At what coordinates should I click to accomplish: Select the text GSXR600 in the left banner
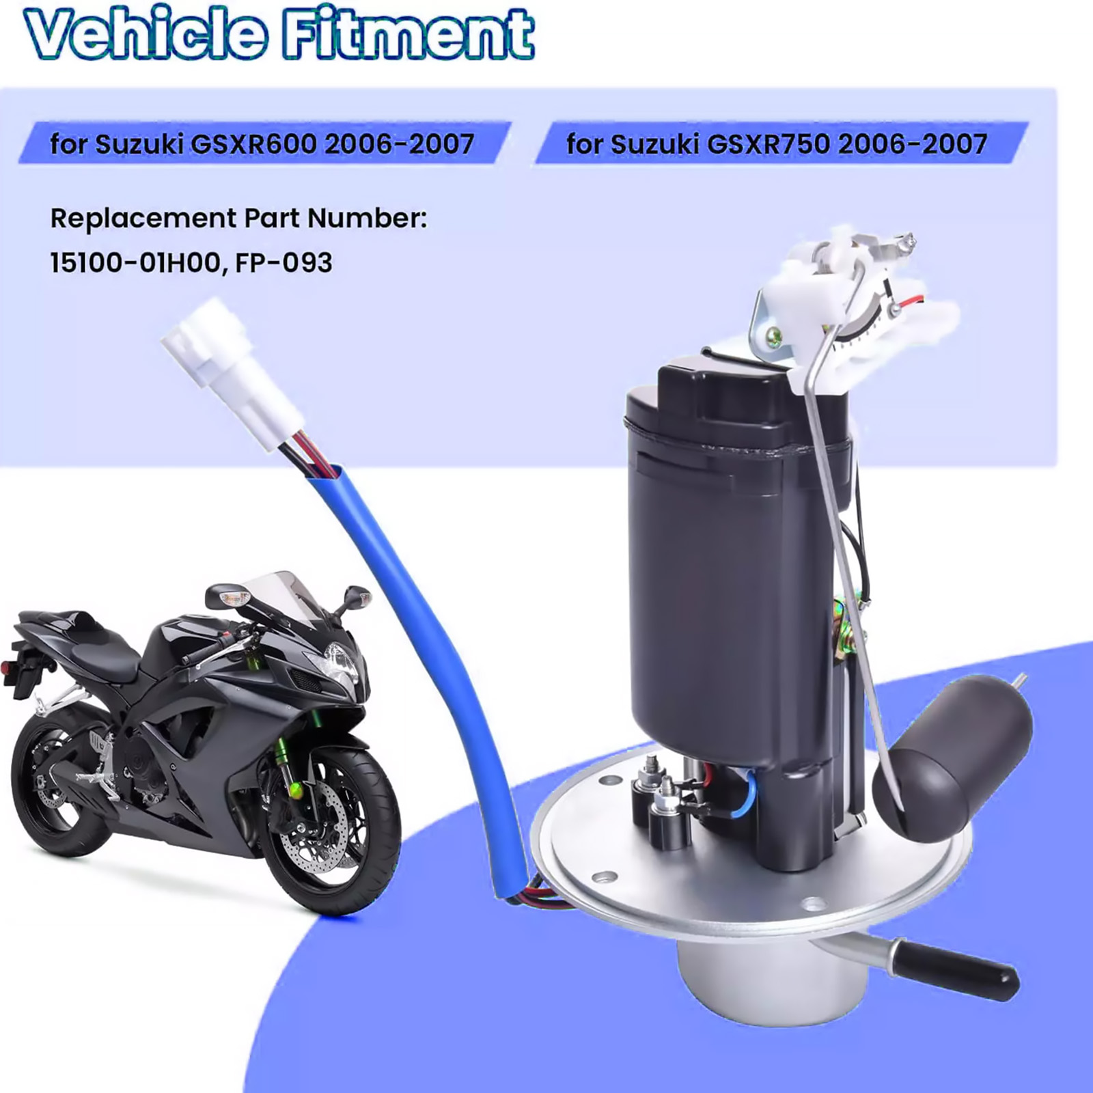pos(253,144)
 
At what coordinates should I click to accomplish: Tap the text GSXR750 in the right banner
pos(769,144)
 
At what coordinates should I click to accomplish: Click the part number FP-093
pos(283,263)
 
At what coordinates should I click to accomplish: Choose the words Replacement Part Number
pos(238,219)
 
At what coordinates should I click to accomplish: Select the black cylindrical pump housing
pos(738,567)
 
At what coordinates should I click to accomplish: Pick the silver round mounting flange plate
pos(751,868)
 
